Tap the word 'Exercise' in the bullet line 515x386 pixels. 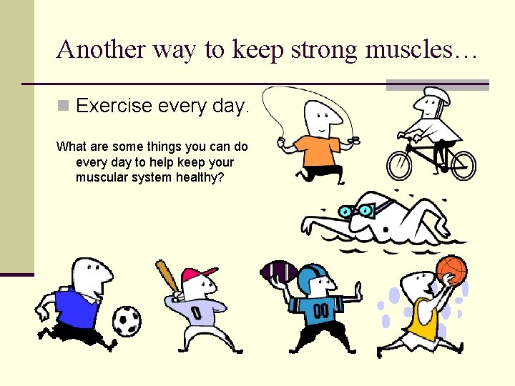[114, 107]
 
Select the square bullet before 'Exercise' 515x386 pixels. [63, 107]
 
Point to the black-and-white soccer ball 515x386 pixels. [127, 320]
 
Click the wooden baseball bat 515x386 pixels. [165, 277]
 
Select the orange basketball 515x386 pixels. [451, 270]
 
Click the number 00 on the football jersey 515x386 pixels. [320, 312]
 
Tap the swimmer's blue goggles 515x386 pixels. [355, 211]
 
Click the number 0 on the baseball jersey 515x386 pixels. [195, 313]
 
